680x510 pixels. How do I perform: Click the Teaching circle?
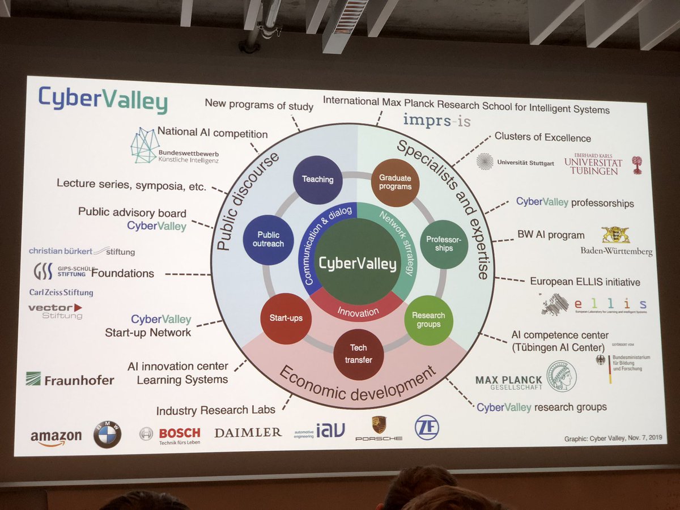coord(317,180)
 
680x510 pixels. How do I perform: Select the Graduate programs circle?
coord(395,182)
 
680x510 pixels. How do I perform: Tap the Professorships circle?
coord(444,244)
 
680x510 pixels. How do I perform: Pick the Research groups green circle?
coord(428,320)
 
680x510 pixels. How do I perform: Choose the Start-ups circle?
coord(285,318)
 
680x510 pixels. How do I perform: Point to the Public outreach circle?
coord(267,240)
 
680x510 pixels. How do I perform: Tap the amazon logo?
coord(56,437)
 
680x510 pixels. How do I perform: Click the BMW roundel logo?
coord(107,435)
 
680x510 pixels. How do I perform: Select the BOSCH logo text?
coord(179,433)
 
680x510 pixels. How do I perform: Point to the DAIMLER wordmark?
coord(248,432)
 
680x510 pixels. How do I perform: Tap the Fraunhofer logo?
coord(70,380)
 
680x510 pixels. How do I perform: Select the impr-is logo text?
coord(436,121)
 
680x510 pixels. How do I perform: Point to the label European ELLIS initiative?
coord(585,282)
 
